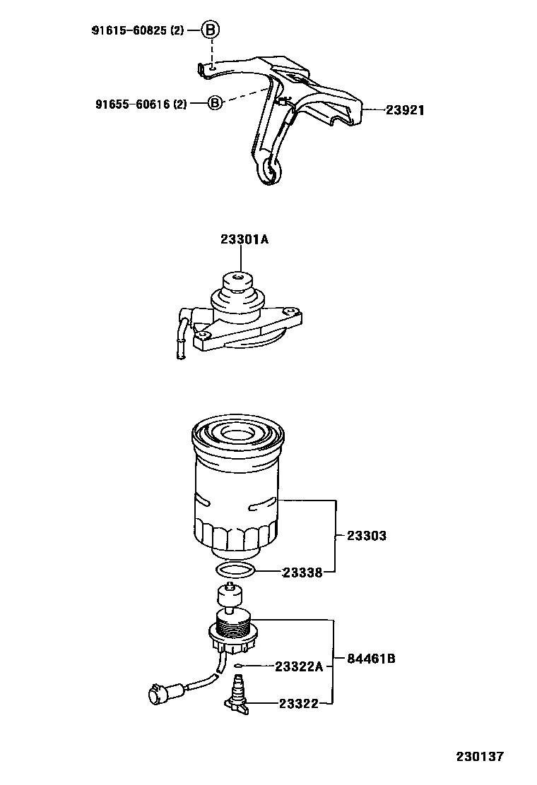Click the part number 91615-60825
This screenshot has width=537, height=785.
pos(130,30)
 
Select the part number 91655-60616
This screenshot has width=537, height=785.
pos(134,104)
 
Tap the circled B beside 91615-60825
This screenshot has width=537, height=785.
pos(211,30)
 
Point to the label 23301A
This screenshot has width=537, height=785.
pos(244,239)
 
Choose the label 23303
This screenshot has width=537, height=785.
pos(366,536)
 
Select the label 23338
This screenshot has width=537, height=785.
pos(302,573)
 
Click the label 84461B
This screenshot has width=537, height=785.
pos(370,659)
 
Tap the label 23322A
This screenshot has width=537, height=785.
pos(298,666)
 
